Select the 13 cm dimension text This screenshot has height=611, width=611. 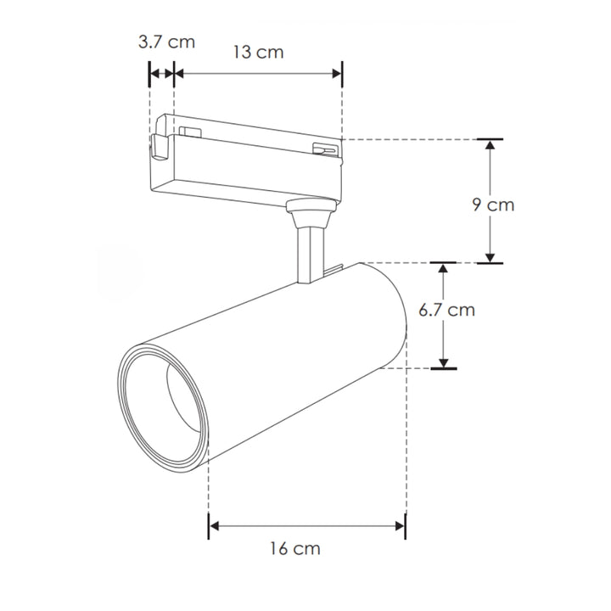257,53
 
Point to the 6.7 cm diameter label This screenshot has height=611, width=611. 446,310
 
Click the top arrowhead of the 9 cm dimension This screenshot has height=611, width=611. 490,145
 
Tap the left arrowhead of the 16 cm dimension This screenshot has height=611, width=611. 216,526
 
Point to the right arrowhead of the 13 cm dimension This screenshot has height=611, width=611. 335,75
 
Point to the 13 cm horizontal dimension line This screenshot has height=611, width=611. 257,75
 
